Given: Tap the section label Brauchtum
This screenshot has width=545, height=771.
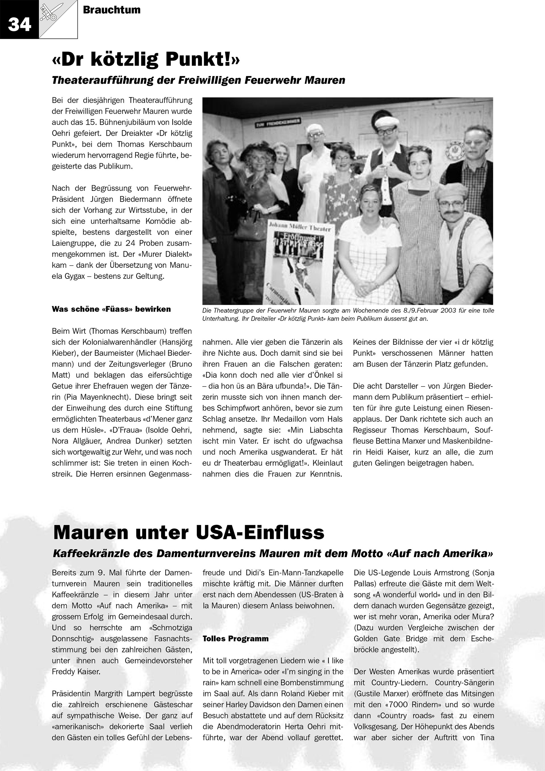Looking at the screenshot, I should coord(112,10).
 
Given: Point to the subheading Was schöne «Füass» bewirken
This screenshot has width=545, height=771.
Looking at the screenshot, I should coord(111,309).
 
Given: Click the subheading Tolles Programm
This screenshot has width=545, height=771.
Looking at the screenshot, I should coord(236,639).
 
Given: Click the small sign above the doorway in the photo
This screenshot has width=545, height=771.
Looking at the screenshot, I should coord(278,122).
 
